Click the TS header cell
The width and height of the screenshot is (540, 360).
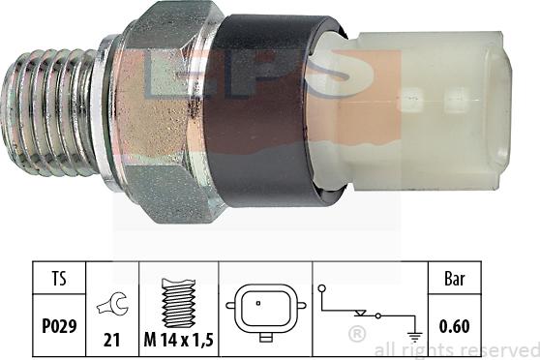(59, 278)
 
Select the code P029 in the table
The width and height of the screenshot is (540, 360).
(59, 326)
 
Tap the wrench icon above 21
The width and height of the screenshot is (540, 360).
(112, 304)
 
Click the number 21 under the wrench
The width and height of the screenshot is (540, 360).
(112, 340)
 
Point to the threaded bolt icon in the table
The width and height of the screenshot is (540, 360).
(179, 303)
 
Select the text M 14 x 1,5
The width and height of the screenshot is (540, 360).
(178, 340)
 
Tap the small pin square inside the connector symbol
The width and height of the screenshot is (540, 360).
(258, 304)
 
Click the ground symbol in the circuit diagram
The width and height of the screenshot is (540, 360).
(415, 336)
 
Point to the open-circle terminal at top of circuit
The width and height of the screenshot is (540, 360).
(321, 287)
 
